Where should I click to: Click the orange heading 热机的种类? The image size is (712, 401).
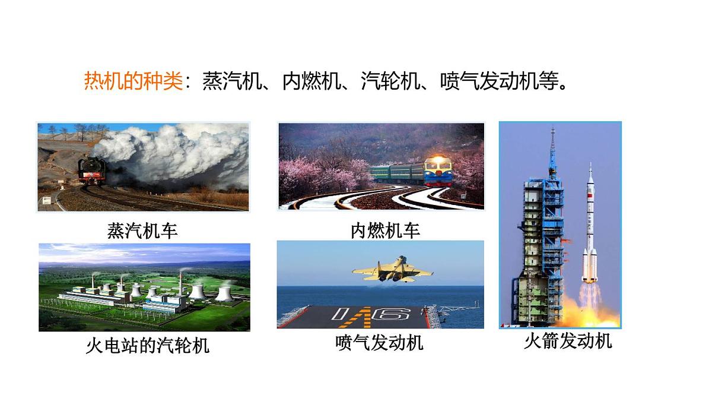(x=133, y=81)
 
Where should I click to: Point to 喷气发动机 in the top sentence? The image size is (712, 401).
(x=490, y=81)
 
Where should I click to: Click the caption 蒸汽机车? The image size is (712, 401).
(x=142, y=230)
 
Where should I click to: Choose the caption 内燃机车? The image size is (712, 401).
(x=385, y=230)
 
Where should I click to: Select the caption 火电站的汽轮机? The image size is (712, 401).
(x=148, y=345)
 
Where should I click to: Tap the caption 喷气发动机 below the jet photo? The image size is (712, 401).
(x=379, y=343)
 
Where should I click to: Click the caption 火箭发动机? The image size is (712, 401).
(x=567, y=341)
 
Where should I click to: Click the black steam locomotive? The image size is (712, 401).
(x=93, y=172)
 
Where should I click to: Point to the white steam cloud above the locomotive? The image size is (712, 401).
(x=172, y=151)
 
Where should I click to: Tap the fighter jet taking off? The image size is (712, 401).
(x=393, y=269)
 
